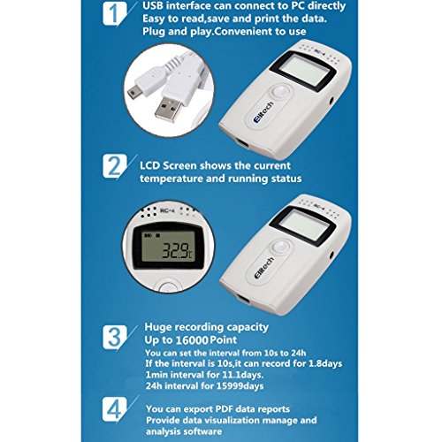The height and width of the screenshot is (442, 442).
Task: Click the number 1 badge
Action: (115, 13)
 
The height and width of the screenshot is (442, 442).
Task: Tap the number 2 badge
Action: (115, 166)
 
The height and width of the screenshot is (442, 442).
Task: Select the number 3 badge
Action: (115, 337)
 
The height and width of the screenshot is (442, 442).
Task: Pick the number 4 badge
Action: (115, 409)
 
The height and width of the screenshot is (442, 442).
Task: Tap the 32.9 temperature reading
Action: (177, 251)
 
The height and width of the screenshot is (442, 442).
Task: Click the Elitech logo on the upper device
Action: (263, 113)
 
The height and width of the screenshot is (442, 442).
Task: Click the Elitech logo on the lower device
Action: (263, 268)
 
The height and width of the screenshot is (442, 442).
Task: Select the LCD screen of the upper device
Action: (303, 72)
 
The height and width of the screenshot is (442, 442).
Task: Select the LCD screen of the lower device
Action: (303, 226)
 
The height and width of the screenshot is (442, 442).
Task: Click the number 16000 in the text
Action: (192, 340)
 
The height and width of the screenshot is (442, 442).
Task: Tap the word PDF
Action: (225, 409)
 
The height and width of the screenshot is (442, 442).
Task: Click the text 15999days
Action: (240, 386)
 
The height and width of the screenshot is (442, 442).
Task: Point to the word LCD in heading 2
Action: (150, 166)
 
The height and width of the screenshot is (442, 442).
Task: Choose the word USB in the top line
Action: (153, 6)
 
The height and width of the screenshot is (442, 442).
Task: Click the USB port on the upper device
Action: (242, 143)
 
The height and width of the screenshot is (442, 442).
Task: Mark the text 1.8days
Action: (325, 363)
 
